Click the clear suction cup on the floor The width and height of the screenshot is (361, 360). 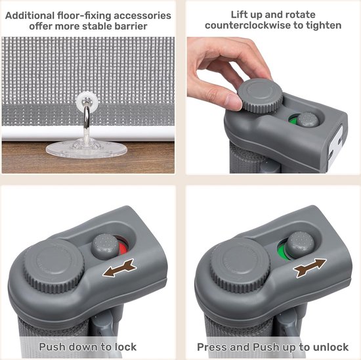pos(87,148)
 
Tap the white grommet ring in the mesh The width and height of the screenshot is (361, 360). pos(87,101)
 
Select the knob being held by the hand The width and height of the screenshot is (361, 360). pos(260,95)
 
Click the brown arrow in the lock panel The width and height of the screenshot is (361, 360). pos(119,268)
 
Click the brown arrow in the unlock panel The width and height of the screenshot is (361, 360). pos(309,267)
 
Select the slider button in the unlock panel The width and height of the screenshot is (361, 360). pos(300,244)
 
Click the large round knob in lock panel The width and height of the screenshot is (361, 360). pos(53,266)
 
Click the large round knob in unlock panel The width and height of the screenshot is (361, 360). pos(240,265)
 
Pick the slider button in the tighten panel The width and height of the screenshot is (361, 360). pos(308,120)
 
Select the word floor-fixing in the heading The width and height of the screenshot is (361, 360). pos(84,16)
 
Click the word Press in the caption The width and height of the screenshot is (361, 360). pos(212,347)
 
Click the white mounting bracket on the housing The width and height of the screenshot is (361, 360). pos(335,146)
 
